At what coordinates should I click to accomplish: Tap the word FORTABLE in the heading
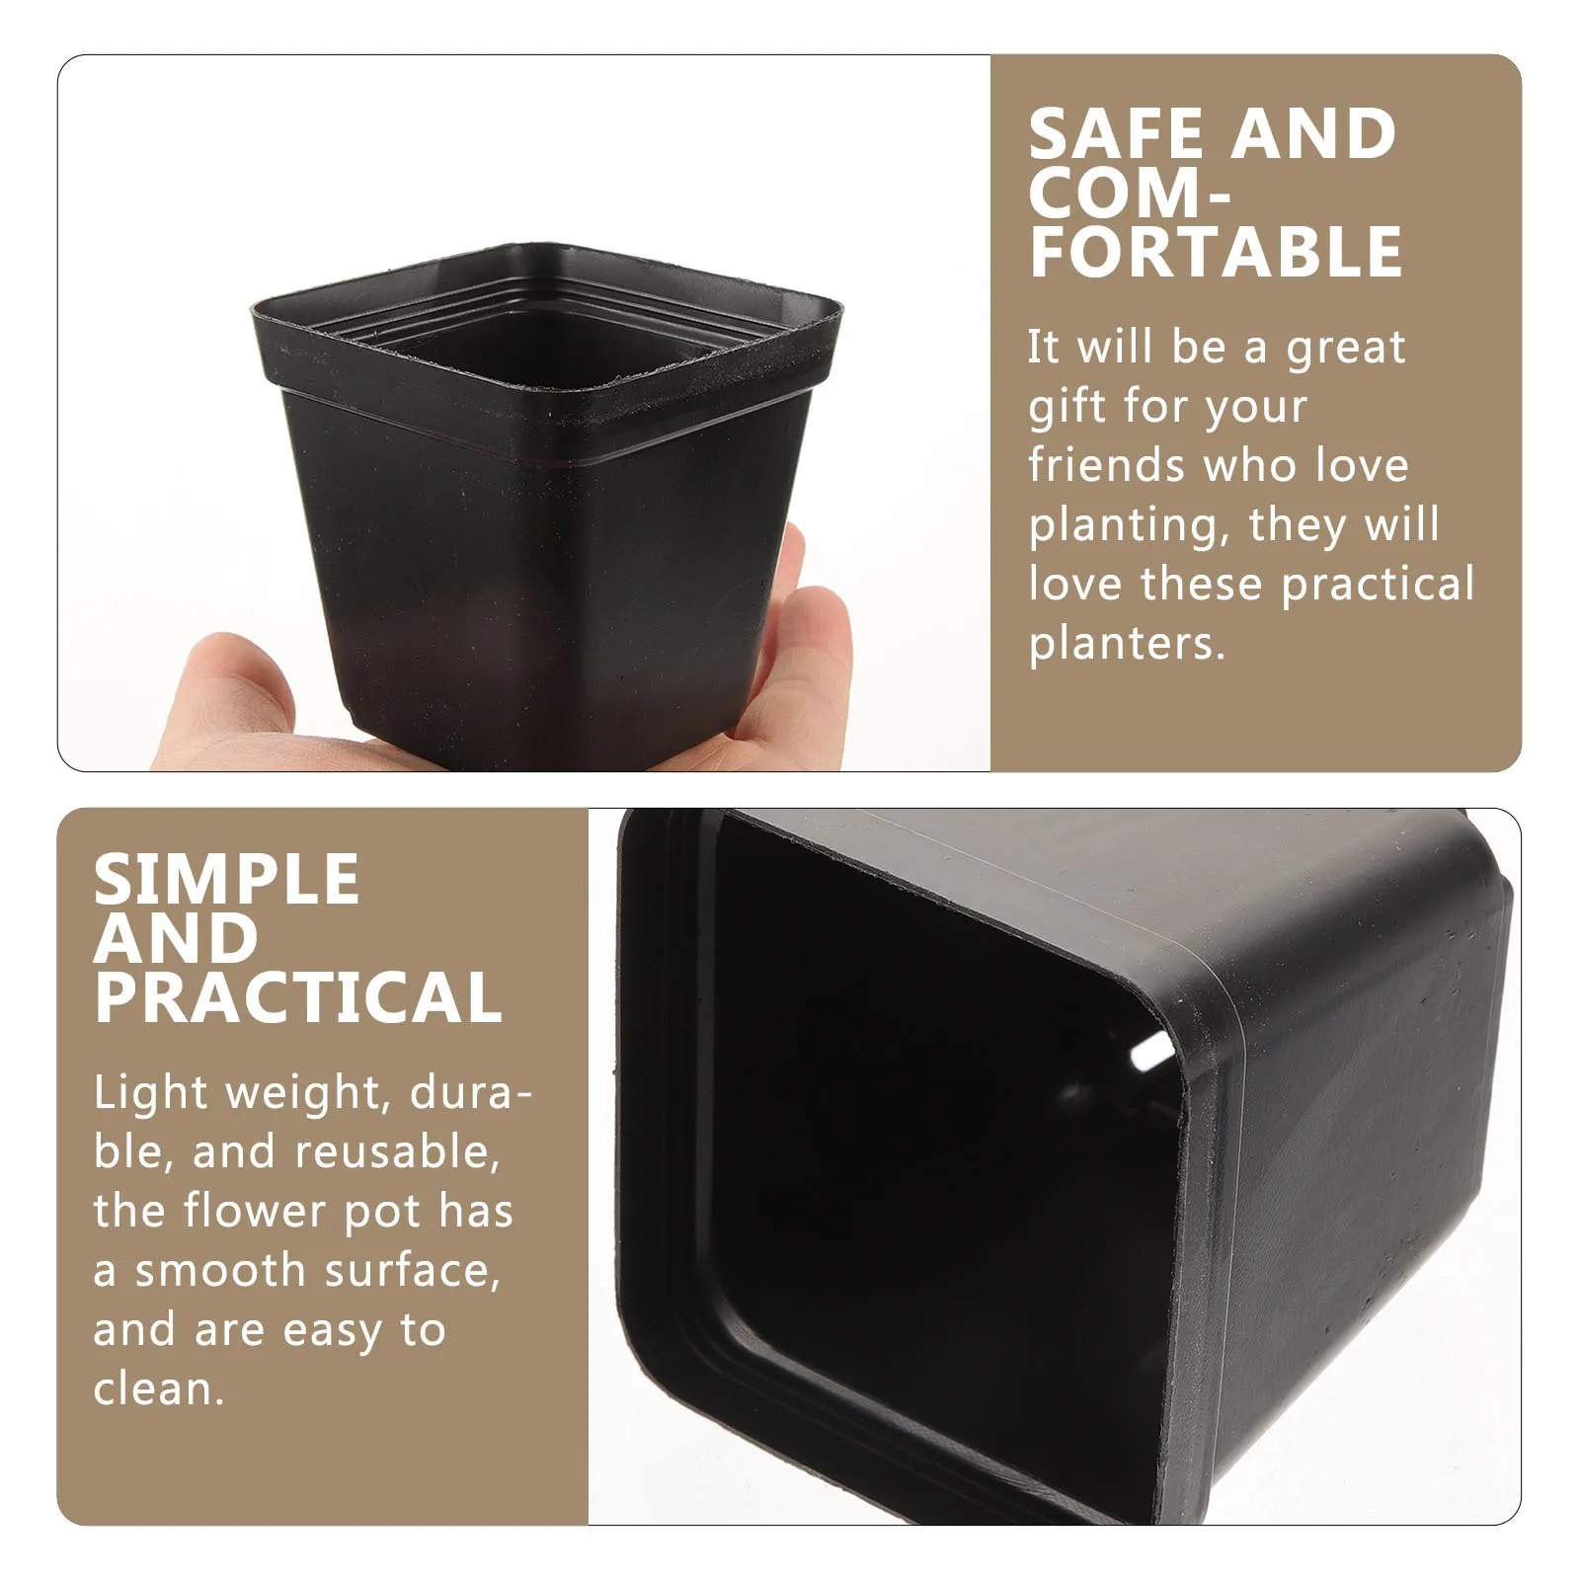[1216, 253]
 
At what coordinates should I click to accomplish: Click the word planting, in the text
[1129, 526]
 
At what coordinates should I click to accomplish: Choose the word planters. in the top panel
[1127, 644]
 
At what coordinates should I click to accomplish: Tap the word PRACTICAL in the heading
[298, 997]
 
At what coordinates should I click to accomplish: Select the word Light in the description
[151, 1093]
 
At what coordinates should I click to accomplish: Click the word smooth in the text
[220, 1271]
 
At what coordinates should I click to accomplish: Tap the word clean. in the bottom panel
[159, 1389]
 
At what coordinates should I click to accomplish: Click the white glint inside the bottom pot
[1151, 1053]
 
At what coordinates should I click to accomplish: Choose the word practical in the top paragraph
[1378, 584]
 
